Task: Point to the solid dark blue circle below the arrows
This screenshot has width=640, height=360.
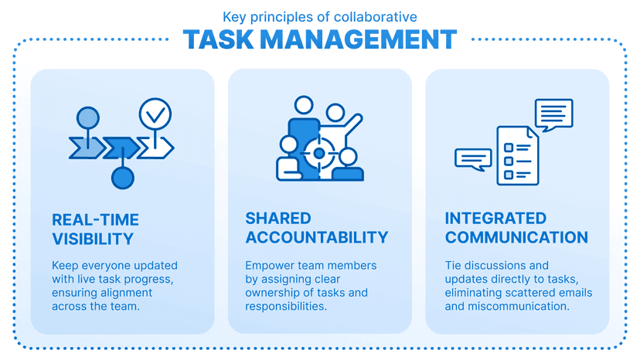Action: [123, 178]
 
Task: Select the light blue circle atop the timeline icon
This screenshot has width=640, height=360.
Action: [88, 117]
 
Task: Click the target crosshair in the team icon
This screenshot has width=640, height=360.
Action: [318, 152]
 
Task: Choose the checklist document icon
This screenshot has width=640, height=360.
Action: [516, 155]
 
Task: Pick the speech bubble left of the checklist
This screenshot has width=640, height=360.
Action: [472, 158]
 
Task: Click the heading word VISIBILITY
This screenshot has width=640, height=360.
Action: [93, 238]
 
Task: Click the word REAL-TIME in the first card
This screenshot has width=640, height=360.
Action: [95, 219]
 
